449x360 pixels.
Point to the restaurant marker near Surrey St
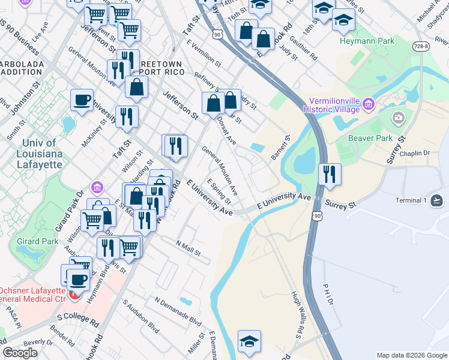pyautogui.click(x=330, y=174)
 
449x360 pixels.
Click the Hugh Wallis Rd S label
pyautogui.click(x=298, y=312)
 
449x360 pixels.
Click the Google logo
pyautogui.click(x=20, y=353)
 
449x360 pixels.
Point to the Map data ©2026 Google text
pyautogui.click(x=412, y=355)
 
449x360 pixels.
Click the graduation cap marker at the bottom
pyautogui.click(x=249, y=341)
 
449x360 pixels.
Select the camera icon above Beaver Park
pyautogui.click(x=399, y=118)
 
